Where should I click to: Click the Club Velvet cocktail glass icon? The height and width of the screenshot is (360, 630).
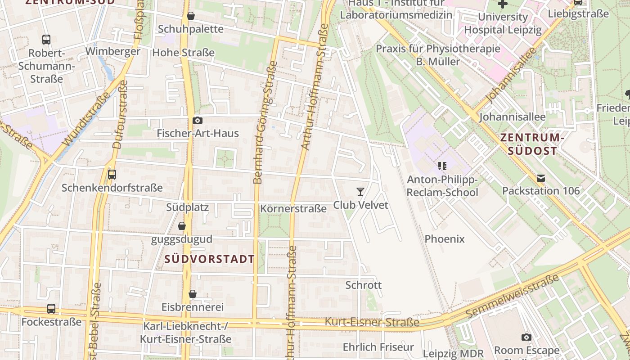coord(360,192)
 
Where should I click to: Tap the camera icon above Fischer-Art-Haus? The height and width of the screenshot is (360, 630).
coord(197,120)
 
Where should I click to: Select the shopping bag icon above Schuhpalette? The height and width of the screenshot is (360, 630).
coord(191,16)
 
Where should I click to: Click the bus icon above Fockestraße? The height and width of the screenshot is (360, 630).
coord(51,309)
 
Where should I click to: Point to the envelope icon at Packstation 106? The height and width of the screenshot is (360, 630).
coord(541,178)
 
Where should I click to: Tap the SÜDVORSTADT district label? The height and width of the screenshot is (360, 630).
coord(209,259)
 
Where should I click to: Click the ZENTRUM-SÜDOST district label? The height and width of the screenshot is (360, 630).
coord(532,144)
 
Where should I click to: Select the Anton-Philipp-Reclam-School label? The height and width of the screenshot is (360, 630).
coord(442,186)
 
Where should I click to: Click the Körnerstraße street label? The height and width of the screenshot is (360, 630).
coord(293,209)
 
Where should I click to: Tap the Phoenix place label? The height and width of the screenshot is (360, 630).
coord(444,239)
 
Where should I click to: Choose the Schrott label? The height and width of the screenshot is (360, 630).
coord(363,285)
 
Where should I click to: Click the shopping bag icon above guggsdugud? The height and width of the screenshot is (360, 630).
coord(182,226)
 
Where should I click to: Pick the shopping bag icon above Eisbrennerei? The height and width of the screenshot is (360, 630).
coord(193,294)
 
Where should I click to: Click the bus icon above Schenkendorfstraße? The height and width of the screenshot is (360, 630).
coord(112,175)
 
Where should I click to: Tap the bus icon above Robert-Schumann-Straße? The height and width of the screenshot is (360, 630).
coord(46,40)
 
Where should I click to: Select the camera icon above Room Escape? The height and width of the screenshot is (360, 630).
coord(526,337)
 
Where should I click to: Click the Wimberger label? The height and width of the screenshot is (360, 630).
coord(112,51)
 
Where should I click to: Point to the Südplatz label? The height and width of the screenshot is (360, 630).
coord(187,207)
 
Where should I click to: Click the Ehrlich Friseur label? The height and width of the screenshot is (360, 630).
coord(378,347)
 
